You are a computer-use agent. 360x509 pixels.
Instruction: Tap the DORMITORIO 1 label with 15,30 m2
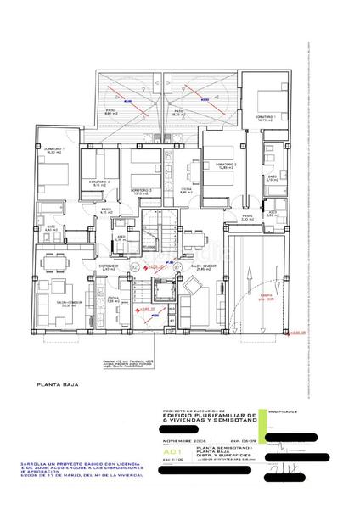point(54,151)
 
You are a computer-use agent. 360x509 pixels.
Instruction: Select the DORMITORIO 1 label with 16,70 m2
point(265,118)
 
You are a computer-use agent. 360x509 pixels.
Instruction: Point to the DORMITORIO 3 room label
point(140,191)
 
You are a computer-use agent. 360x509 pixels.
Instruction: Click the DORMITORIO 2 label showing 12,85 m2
point(224,165)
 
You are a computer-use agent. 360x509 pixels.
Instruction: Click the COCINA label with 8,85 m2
point(186,191)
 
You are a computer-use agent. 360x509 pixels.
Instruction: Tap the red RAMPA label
point(266,297)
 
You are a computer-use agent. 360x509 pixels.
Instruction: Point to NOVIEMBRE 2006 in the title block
point(182,441)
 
